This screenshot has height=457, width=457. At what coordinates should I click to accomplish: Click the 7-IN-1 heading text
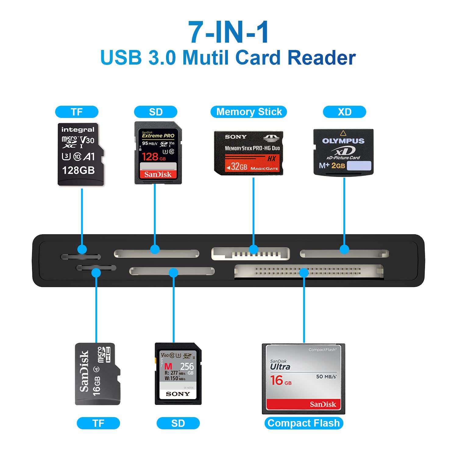pyautogui.click(x=228, y=32)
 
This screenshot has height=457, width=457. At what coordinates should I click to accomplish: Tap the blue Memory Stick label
pyautogui.click(x=249, y=112)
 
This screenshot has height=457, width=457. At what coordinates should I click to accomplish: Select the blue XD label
pyautogui.click(x=344, y=112)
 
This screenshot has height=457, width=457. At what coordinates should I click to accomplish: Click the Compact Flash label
pyautogui.click(x=303, y=423)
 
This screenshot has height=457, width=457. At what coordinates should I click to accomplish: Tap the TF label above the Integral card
pyautogui.click(x=76, y=112)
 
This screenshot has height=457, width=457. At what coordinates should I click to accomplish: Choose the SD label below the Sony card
pyautogui.click(x=178, y=423)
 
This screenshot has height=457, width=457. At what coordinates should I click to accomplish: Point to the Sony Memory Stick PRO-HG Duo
pyautogui.click(x=249, y=153)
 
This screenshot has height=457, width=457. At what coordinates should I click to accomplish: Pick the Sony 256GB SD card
pyautogui.click(x=178, y=374)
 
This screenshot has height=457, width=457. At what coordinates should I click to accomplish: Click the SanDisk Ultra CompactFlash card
pyautogui.click(x=303, y=379)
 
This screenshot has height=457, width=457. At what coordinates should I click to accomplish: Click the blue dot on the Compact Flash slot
pyautogui.click(x=304, y=272)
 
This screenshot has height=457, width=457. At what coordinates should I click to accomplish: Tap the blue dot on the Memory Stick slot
pyautogui.click(x=253, y=250)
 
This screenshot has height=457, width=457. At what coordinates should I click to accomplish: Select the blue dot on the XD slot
pyautogui.click(x=344, y=250)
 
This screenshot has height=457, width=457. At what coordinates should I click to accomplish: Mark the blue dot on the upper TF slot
pyautogui.click(x=82, y=250)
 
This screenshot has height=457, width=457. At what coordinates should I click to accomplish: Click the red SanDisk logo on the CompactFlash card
pyautogui.click(x=323, y=404)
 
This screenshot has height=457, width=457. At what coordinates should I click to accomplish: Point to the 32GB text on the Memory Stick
pyautogui.click(x=239, y=167)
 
